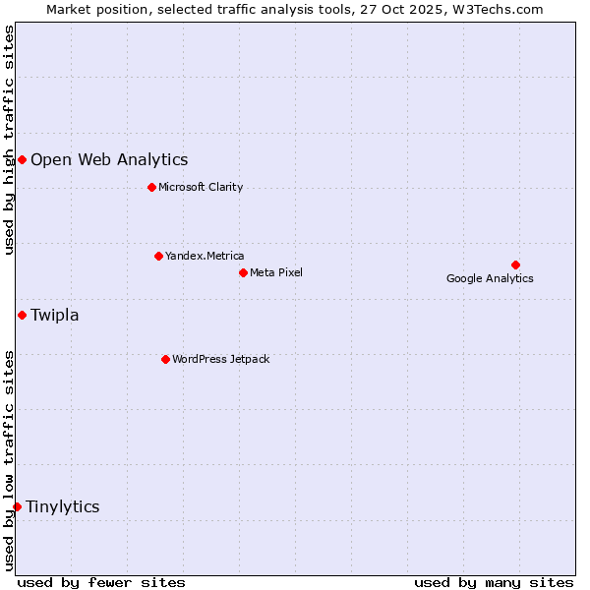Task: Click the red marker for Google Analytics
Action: pos(515,265)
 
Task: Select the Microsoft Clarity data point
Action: pos(151,187)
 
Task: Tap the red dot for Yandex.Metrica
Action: pos(158,256)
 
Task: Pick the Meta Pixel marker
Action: pos(243,272)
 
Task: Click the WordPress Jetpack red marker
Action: pos(165,359)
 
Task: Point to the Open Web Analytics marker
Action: pos(22,159)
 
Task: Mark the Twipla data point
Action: pos(22,315)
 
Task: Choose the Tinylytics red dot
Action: pos(17,506)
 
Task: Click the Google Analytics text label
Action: pos(490,278)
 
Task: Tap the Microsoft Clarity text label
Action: pos(201,187)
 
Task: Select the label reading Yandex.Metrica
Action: pos(205,256)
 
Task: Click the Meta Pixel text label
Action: pos(276,272)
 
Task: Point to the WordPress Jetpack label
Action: pos(220,359)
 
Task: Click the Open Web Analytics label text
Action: pos(109,159)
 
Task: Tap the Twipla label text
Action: pos(55,315)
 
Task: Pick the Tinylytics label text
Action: pos(63,506)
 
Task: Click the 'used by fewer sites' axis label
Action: pos(101,582)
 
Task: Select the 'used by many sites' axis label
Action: pos(494,582)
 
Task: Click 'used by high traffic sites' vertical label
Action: pos(9,140)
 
